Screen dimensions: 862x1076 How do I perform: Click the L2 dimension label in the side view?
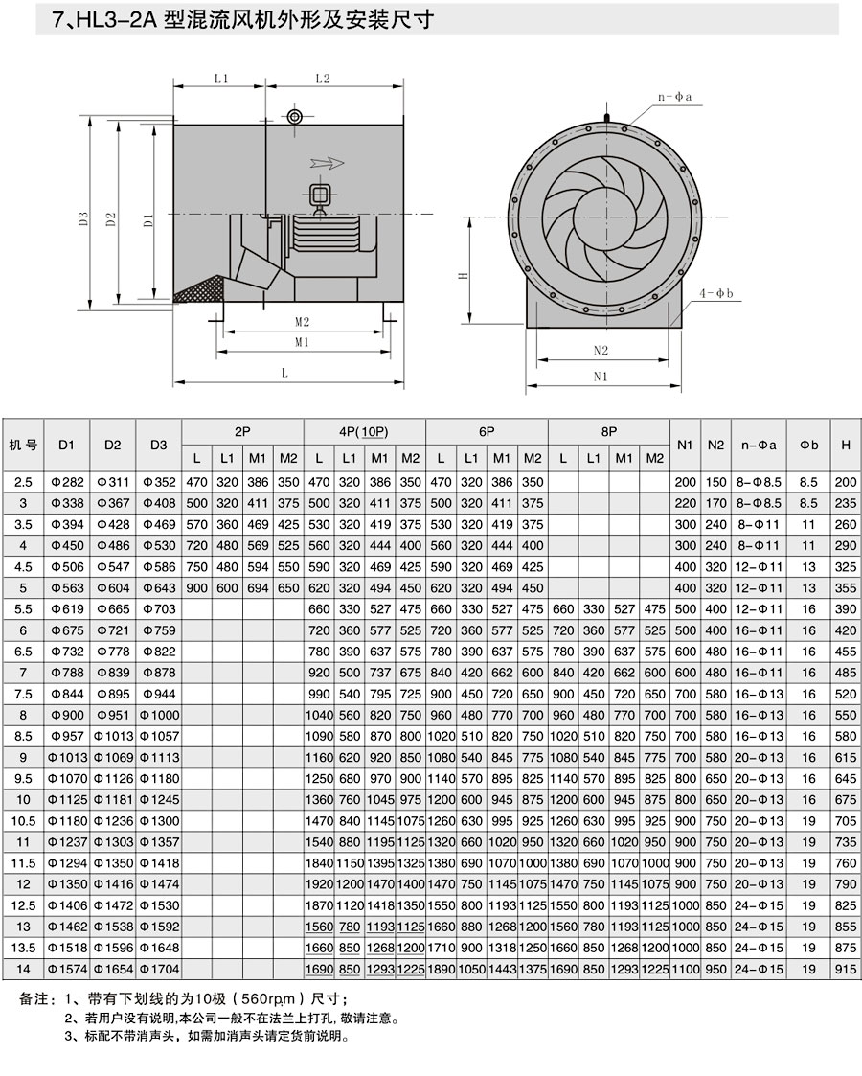pos(323,79)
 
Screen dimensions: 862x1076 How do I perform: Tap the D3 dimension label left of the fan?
pos(83,218)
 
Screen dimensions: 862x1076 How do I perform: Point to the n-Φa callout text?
pos(675,97)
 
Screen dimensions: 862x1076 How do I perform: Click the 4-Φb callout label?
pos(715,294)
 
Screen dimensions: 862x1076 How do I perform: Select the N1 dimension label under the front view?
pos(601,376)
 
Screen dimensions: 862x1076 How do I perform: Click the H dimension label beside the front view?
pos(463,275)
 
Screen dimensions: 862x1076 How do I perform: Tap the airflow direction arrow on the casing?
pos(327,163)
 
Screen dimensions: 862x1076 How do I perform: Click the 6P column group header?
pos(487,431)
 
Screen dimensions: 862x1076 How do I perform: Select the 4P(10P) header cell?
pos(363,431)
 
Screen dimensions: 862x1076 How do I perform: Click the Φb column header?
pos(809,445)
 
